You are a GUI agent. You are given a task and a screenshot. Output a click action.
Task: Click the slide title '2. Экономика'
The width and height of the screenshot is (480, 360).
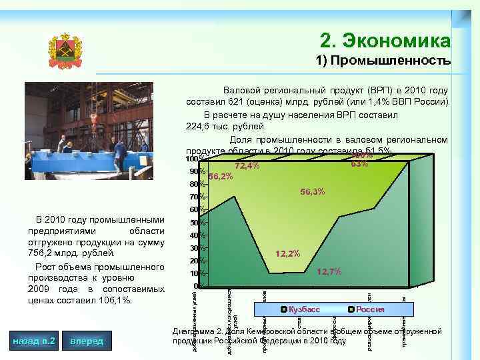pos(385,41)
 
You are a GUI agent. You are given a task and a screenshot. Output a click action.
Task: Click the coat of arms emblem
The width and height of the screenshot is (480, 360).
pos(65,52)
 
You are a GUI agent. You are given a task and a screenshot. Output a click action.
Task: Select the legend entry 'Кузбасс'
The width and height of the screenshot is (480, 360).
pos(304,309)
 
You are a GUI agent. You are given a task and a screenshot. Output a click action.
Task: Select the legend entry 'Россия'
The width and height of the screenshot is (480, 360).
pos(370,309)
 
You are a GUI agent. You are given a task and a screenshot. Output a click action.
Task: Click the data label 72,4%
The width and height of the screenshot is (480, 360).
pos(247,166)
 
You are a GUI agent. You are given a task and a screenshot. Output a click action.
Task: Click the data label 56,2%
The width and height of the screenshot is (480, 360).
pos(220,177)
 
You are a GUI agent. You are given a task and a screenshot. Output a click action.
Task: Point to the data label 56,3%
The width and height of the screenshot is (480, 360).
pos(312,192)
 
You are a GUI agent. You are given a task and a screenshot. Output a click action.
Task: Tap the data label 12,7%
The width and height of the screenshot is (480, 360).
pos(329,271)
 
